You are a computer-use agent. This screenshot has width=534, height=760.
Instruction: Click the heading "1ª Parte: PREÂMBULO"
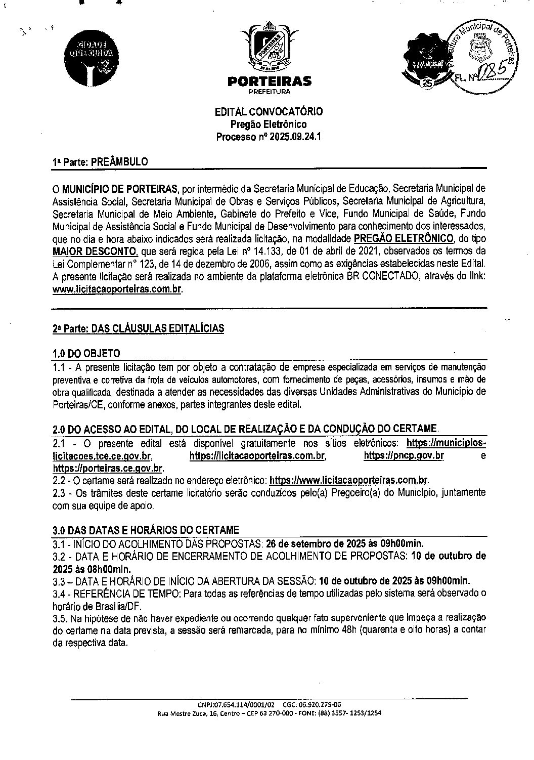point(100,162)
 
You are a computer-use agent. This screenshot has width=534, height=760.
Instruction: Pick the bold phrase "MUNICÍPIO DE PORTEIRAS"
point(120,189)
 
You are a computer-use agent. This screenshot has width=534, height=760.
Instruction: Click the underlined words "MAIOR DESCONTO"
point(94,251)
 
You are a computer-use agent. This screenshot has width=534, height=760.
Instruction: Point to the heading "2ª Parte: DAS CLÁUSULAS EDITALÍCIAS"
point(138,328)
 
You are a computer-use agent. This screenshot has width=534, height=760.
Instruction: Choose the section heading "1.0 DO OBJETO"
point(86,353)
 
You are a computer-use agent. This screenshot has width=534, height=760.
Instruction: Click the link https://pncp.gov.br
point(404,456)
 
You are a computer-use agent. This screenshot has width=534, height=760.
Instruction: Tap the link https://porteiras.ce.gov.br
point(108,468)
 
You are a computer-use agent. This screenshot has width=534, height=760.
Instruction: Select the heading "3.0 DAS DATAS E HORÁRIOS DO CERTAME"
point(146,530)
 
